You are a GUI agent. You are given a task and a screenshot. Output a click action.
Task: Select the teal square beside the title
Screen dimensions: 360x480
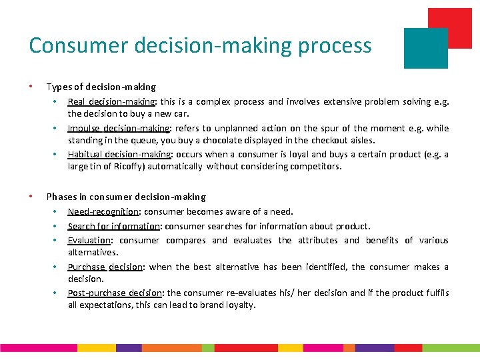(x=426, y=48)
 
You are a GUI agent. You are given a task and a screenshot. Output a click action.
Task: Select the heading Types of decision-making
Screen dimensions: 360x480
(x=101, y=87)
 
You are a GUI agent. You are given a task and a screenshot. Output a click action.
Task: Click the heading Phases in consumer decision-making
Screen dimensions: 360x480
(x=126, y=197)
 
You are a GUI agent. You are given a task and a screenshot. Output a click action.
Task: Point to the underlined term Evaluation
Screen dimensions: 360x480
(x=89, y=240)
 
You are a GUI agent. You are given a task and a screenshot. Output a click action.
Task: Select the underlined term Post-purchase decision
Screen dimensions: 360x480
(x=115, y=293)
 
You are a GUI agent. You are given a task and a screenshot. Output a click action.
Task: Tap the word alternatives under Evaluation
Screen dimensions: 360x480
(x=93, y=253)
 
